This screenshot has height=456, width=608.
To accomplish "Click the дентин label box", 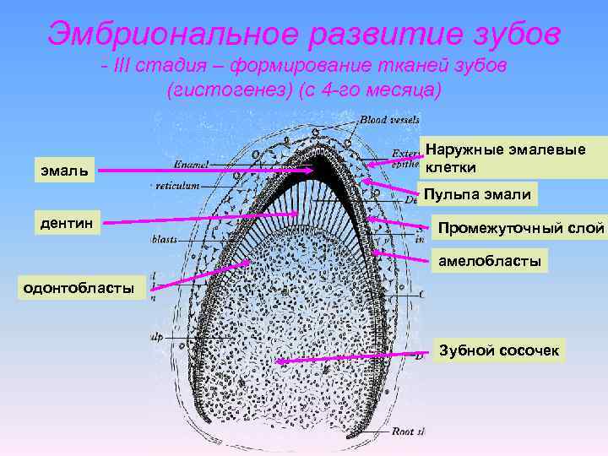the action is pos(68,224).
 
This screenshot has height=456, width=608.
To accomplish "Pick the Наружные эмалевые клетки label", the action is pos(513,157).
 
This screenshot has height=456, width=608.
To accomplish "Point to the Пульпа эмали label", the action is pos(477,195).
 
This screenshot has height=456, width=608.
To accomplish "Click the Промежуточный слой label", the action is pos(520,228).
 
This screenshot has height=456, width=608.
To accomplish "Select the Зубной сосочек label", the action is pos(497,350).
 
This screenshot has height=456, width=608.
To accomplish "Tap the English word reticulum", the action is pos(178,184).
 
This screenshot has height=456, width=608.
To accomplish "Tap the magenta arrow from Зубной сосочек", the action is pos(355,358).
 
